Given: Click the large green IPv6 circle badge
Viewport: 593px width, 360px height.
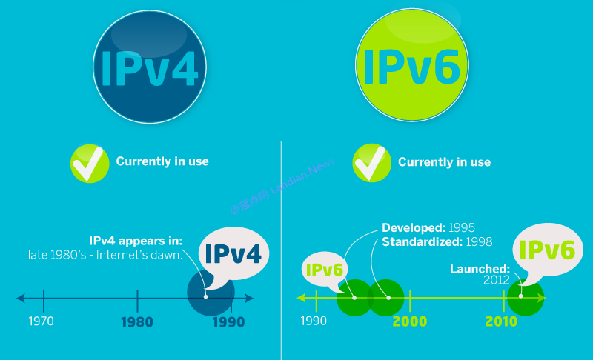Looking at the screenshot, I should click(x=411, y=67).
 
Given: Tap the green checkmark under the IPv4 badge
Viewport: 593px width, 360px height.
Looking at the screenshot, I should click(x=89, y=163).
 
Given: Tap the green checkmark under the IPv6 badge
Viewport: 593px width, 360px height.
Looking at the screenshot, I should click(x=371, y=163).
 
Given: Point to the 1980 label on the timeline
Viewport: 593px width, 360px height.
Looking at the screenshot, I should click(x=138, y=322).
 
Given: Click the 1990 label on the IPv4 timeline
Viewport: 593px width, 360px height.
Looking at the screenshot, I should click(x=228, y=322).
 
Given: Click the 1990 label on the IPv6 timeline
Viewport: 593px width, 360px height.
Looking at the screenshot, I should click(x=313, y=321).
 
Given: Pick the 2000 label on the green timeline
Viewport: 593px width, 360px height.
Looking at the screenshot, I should click(x=410, y=321).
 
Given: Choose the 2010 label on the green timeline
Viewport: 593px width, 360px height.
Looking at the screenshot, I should click(x=502, y=321).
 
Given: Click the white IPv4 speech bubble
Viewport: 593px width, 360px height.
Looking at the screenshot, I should click(x=232, y=253).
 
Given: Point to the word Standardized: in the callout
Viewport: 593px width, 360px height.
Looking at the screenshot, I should click(x=419, y=241).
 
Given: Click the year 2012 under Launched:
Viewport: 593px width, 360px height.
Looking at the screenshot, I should click(x=497, y=280).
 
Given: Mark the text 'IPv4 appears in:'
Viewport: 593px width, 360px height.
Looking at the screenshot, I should click(x=136, y=241).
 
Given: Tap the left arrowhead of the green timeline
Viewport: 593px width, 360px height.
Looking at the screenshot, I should click(x=302, y=299).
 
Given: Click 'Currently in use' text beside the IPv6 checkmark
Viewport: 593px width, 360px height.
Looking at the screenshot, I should click(x=444, y=161).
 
